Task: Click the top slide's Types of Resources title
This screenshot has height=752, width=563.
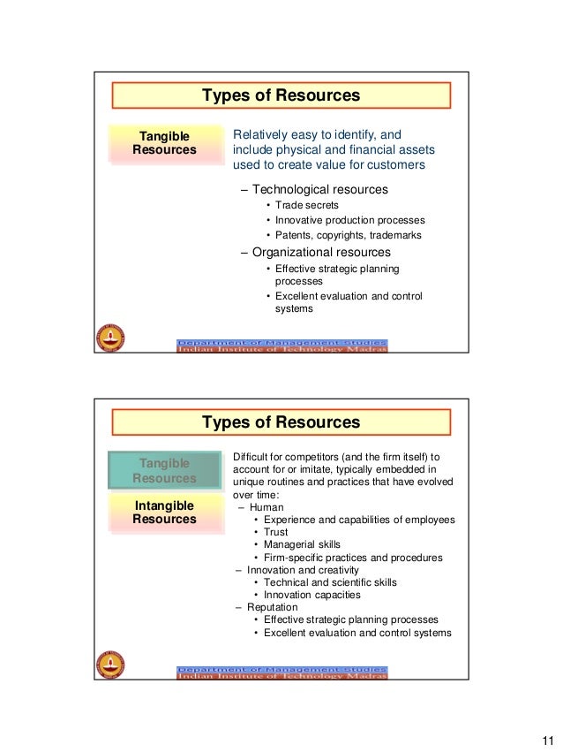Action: [281, 95]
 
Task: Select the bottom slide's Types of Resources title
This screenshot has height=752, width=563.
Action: [281, 422]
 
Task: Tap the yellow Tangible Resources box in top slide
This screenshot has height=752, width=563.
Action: [164, 143]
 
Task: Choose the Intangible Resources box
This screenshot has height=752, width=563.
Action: [164, 512]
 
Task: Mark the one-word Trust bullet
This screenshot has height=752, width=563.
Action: [275, 532]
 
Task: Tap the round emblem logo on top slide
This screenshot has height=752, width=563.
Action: [110, 338]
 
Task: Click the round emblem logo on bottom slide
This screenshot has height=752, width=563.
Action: [110, 664]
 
